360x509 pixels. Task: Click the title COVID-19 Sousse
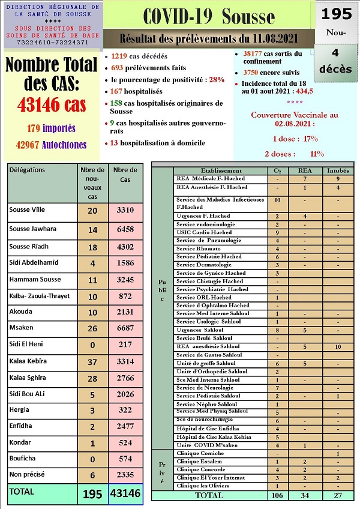(x=209, y=17)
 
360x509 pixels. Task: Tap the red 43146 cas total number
(x=52, y=106)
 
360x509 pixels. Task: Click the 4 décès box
(x=335, y=62)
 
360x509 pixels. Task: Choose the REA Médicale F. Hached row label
(x=210, y=178)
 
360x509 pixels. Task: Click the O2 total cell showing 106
(x=277, y=495)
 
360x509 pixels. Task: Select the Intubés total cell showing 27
(x=338, y=495)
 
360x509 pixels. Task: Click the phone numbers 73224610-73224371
(x=53, y=42)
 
